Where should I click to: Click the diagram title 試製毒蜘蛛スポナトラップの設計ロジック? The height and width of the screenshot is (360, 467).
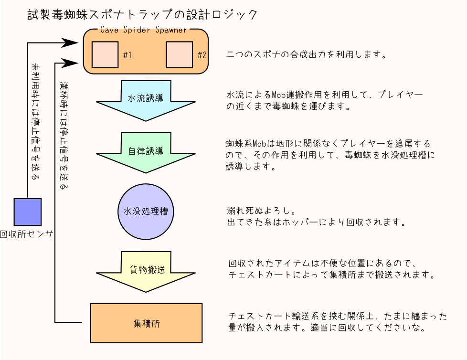143,15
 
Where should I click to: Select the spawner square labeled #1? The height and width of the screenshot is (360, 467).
105,55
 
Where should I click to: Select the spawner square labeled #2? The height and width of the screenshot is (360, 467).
179,55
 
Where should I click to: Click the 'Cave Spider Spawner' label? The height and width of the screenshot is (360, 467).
144,30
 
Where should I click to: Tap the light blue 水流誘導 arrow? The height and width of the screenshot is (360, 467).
146,99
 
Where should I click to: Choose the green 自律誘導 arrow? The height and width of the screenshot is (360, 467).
146,151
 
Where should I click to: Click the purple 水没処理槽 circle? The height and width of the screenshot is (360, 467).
146,211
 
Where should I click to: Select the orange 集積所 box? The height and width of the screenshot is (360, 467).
146,323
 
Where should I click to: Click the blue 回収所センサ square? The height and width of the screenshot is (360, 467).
28,212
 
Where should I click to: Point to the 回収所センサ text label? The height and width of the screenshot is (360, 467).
26,234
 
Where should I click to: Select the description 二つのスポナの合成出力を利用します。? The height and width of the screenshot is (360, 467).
306,54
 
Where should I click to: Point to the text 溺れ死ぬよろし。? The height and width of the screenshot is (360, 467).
260,211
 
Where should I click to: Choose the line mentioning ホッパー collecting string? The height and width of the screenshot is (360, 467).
316,222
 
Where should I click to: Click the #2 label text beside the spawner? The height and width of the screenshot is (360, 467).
202,55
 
